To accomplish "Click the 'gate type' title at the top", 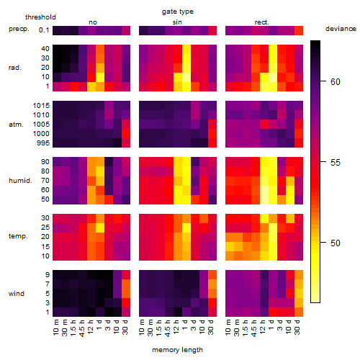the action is click(x=178, y=12).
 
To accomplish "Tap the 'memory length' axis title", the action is click(x=177, y=350).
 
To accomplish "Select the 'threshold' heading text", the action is click(x=40, y=17).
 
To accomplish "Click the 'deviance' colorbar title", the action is click(x=341, y=29).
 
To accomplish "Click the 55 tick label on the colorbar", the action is click(x=336, y=163).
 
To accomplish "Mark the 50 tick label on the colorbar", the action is click(x=336, y=243).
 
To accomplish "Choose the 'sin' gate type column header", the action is click(x=177, y=22).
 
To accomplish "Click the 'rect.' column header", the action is click(x=262, y=22).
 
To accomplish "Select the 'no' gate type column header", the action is click(x=93, y=22).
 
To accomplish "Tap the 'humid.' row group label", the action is click(x=20, y=180).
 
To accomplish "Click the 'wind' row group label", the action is click(x=17, y=293).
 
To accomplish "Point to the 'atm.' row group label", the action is click(x=16, y=125).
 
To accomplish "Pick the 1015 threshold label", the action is click(x=41, y=105).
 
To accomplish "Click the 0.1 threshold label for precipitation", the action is click(x=44, y=30).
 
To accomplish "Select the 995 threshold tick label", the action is click(x=43, y=143).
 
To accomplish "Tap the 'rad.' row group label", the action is click(x=15, y=68).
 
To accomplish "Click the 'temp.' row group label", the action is click(x=18, y=236).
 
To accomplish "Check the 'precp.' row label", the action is click(x=19, y=29).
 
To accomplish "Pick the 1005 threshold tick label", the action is click(x=41, y=125).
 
